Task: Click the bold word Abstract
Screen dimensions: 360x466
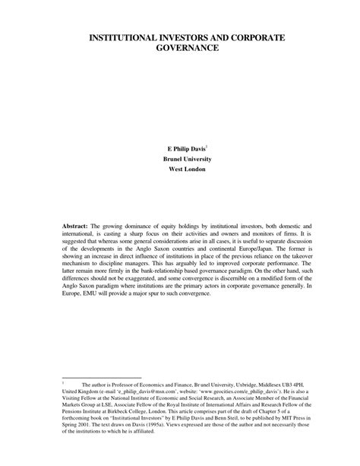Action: [75, 226]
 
